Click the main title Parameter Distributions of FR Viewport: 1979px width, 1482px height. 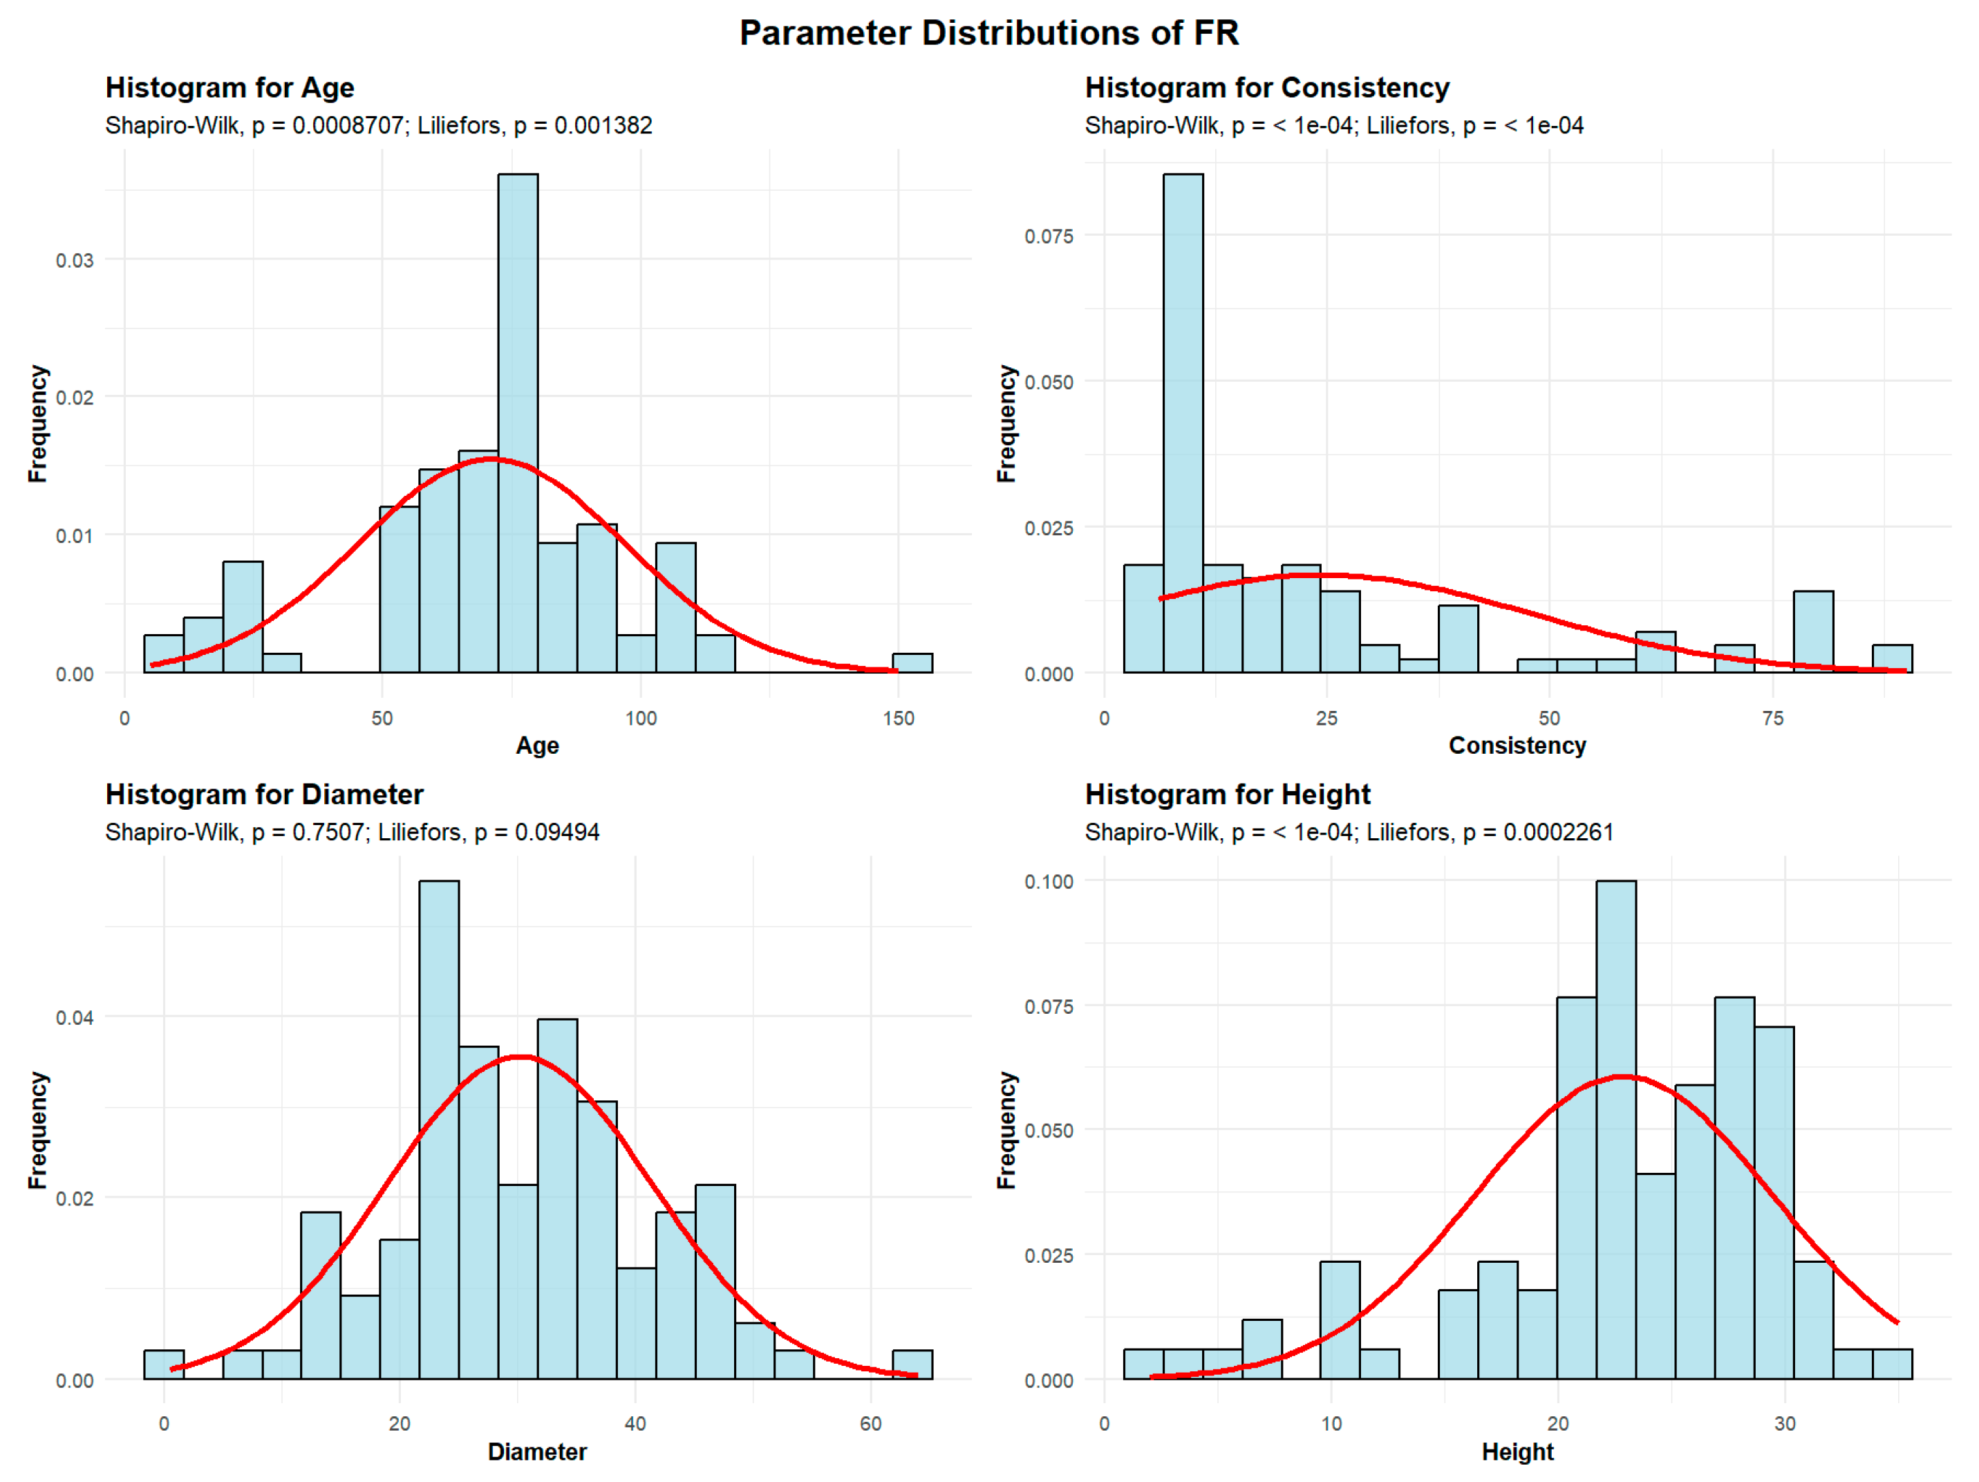[x=988, y=33]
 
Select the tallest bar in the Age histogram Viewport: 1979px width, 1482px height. [x=518, y=420]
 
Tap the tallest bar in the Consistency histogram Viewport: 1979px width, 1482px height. [x=1183, y=420]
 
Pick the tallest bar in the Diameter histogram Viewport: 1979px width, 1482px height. [x=440, y=1128]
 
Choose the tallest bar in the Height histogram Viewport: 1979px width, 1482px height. [x=1616, y=1128]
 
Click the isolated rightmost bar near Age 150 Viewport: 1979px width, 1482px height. [x=912, y=663]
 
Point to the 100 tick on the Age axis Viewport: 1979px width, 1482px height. [x=641, y=719]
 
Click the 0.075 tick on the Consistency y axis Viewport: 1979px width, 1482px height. [x=1049, y=237]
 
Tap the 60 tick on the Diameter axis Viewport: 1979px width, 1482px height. [x=870, y=1424]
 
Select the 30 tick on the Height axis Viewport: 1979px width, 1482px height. [x=1785, y=1424]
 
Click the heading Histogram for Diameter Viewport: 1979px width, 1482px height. [x=264, y=795]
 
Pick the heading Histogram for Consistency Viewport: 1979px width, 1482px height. [x=1267, y=88]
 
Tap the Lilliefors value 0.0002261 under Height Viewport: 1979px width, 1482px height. [x=1559, y=832]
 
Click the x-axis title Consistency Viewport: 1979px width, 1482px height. [x=1517, y=745]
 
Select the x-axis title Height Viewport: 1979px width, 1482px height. [x=1517, y=1452]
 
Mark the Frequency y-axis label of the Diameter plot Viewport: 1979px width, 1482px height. [x=37, y=1129]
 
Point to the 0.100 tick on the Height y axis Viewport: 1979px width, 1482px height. [x=1049, y=882]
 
